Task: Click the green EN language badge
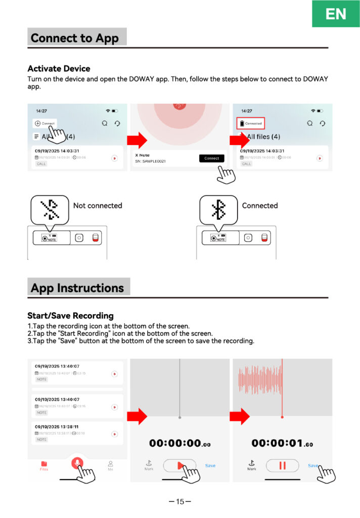tap(336, 14)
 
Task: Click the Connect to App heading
tap(75, 38)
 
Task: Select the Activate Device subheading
tap(59, 69)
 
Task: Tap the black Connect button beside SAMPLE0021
tap(211, 158)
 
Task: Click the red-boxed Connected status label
tap(251, 123)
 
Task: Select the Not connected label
tap(98, 206)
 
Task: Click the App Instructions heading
tap(77, 288)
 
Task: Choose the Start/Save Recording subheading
tap(70, 316)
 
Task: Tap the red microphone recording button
tap(77, 463)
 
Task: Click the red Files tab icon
tap(44, 464)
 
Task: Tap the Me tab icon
tap(110, 464)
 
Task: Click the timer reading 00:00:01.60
tap(282, 443)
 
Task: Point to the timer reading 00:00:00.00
tap(179, 443)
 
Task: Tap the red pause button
tap(283, 465)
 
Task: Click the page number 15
tap(180, 502)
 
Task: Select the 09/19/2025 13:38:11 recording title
tap(57, 426)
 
